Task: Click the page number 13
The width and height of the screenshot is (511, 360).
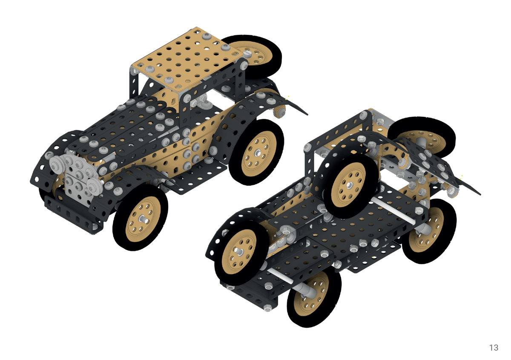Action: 494,348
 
